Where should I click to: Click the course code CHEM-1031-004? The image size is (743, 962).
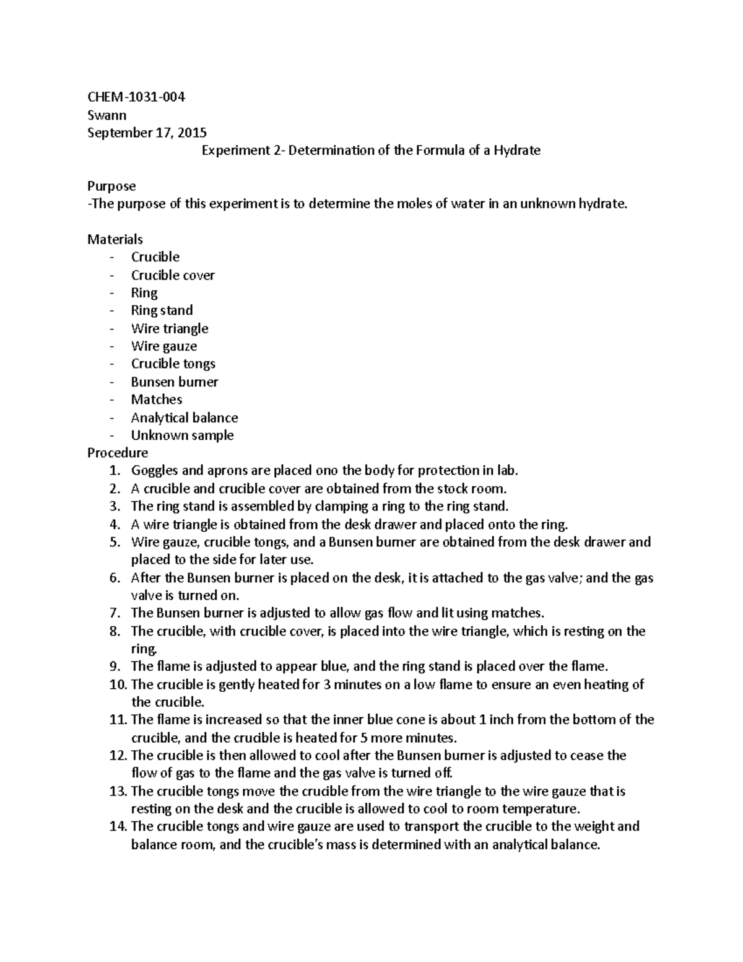(136, 97)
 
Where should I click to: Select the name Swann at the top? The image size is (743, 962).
(106, 115)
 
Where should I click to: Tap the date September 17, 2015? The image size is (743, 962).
(147, 133)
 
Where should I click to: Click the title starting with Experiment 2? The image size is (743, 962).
(371, 151)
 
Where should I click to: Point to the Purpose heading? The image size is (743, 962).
(111, 186)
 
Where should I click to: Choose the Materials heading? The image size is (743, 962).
(115, 239)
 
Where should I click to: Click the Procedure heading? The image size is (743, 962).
(118, 453)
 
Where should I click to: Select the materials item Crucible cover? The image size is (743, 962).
(173, 275)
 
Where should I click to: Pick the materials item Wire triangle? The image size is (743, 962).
(170, 328)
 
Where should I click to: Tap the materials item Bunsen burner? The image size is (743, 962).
(175, 382)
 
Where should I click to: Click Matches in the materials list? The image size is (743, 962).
(157, 400)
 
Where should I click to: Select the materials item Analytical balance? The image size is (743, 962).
(185, 418)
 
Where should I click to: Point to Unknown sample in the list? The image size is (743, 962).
(182, 435)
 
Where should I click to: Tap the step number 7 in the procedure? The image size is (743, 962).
(114, 613)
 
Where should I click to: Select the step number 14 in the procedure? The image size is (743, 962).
(116, 826)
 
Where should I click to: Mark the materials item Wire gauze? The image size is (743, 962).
(164, 346)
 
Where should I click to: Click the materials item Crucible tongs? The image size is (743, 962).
(173, 364)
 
